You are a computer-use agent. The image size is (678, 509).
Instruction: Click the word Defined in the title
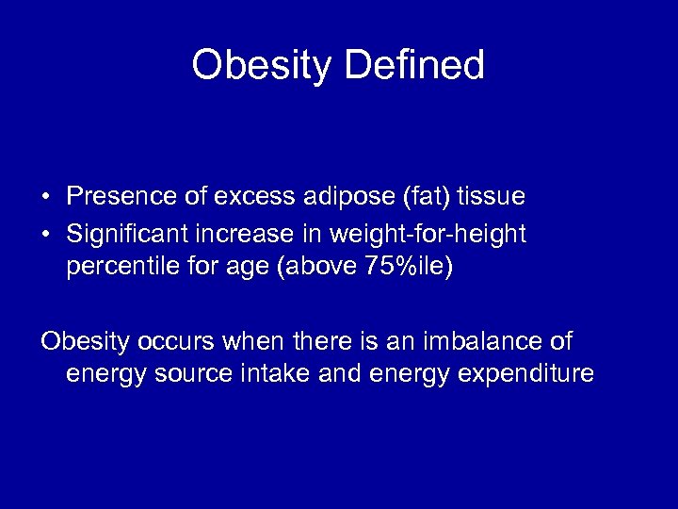click(414, 66)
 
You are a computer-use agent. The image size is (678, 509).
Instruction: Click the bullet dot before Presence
click(45, 197)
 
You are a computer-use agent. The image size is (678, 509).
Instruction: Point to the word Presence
click(121, 197)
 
